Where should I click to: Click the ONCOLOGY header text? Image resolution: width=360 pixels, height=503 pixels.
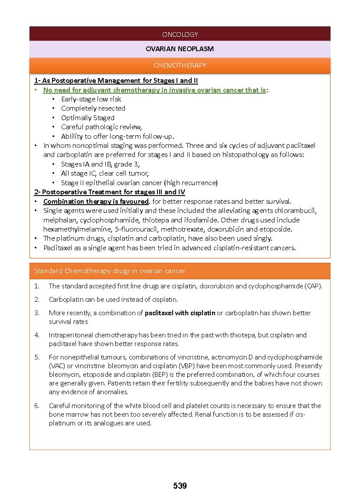(180, 34)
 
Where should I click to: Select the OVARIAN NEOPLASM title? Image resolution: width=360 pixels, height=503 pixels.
(180, 49)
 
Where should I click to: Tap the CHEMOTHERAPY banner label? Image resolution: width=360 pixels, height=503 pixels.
(180, 65)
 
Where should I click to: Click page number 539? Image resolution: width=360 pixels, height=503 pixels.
(180, 486)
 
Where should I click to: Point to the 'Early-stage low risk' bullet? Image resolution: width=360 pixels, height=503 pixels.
(91, 99)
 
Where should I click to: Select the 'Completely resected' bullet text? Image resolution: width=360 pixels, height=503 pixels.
(93, 108)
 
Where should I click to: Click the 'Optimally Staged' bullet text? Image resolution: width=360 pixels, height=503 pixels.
(88, 118)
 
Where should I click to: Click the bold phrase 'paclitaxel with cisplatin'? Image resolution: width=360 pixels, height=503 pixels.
(180, 313)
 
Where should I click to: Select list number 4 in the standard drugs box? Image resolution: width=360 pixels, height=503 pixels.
(37, 335)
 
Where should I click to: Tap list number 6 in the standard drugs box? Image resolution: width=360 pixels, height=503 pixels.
(37, 406)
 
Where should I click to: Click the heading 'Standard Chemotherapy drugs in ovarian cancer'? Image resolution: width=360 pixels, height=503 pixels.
(110, 271)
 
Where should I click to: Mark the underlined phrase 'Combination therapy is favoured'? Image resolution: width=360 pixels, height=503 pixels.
(96, 202)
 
